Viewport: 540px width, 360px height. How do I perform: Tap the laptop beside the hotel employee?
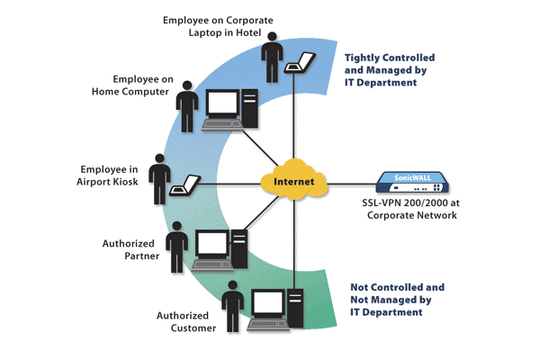pyautogui.click(x=300, y=64)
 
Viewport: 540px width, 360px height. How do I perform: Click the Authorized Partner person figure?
pyautogui.click(x=178, y=247)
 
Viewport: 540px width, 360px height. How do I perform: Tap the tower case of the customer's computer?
pyautogui.click(x=297, y=309)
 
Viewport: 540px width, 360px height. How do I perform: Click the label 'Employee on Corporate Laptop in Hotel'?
pyautogui.click(x=212, y=26)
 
